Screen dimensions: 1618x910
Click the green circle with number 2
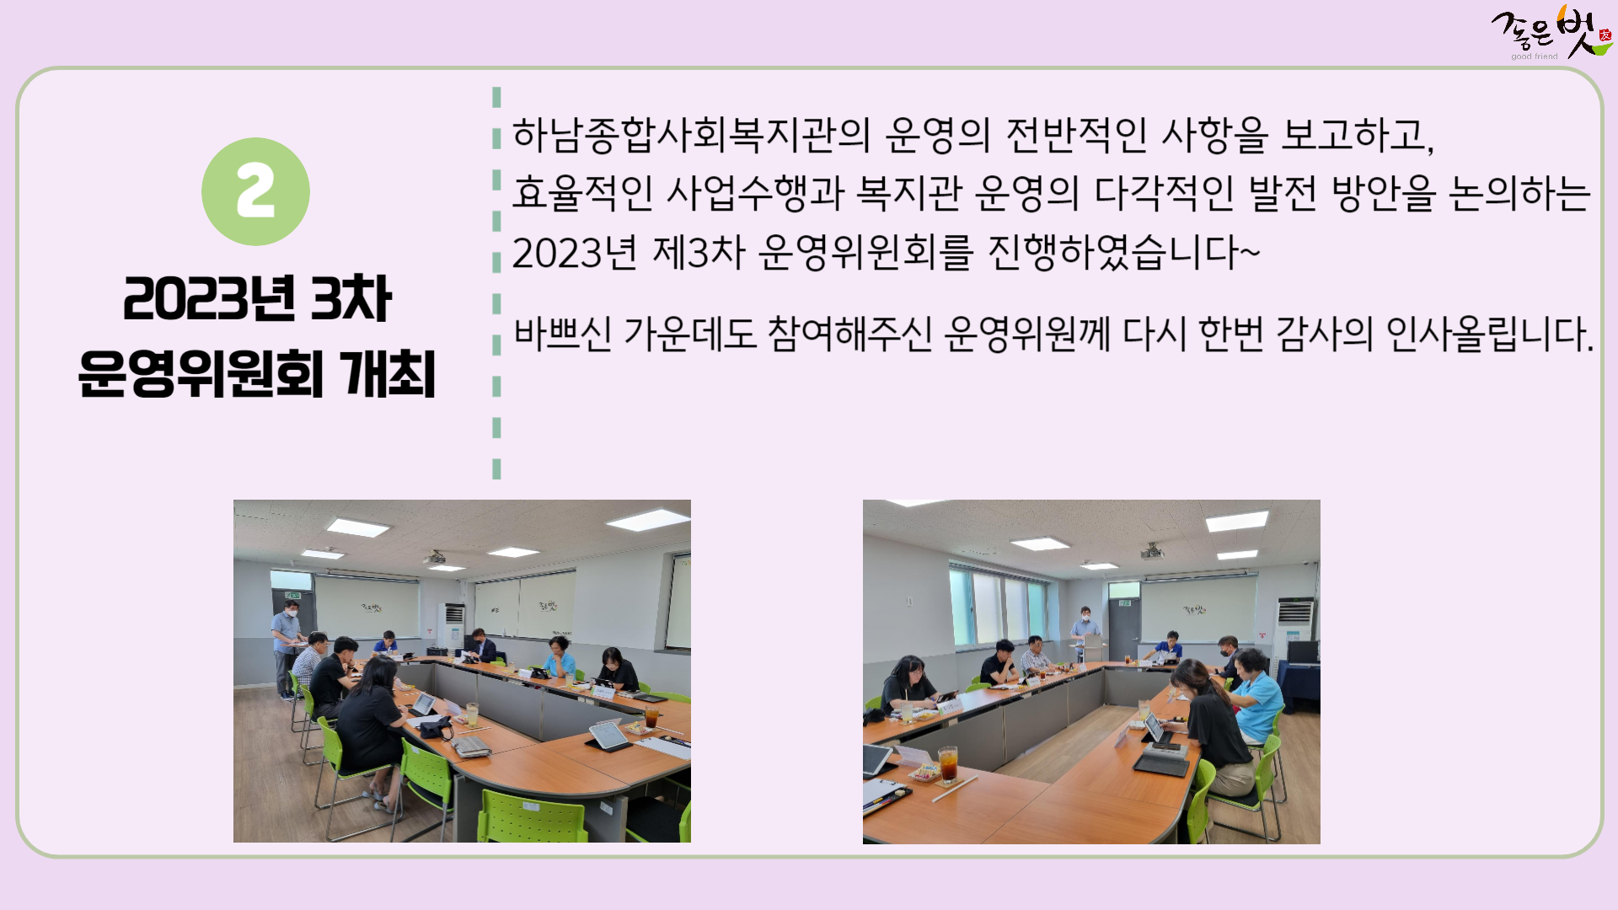pos(255,191)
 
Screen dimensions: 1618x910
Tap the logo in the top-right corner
pos(1551,34)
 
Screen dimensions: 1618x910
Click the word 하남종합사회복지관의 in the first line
pos(691,135)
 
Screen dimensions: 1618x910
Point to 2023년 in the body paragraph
pos(574,252)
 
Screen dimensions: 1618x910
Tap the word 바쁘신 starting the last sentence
pos(563,334)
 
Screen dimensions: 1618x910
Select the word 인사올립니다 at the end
pos(1489,334)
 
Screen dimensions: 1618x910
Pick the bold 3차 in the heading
pos(351,298)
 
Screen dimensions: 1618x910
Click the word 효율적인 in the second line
pos(582,193)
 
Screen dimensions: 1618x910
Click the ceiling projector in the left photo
pos(434,558)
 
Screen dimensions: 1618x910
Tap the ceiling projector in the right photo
pos(1152,552)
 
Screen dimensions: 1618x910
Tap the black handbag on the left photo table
pos(436,727)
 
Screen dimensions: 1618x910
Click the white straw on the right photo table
pos(954,790)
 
